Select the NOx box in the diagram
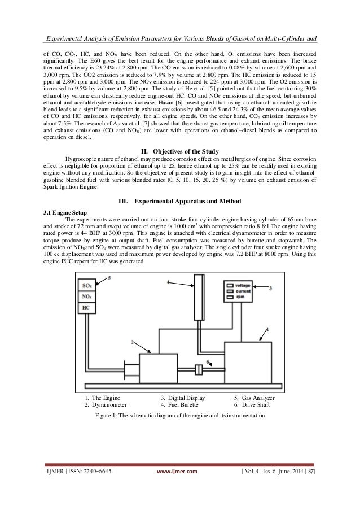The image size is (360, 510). pyautogui.click(x=87, y=297)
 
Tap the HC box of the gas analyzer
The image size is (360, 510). pyautogui.click(x=86, y=307)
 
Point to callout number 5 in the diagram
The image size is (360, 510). pyautogui.click(x=109, y=278)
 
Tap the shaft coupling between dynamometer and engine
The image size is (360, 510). pyautogui.click(x=198, y=370)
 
